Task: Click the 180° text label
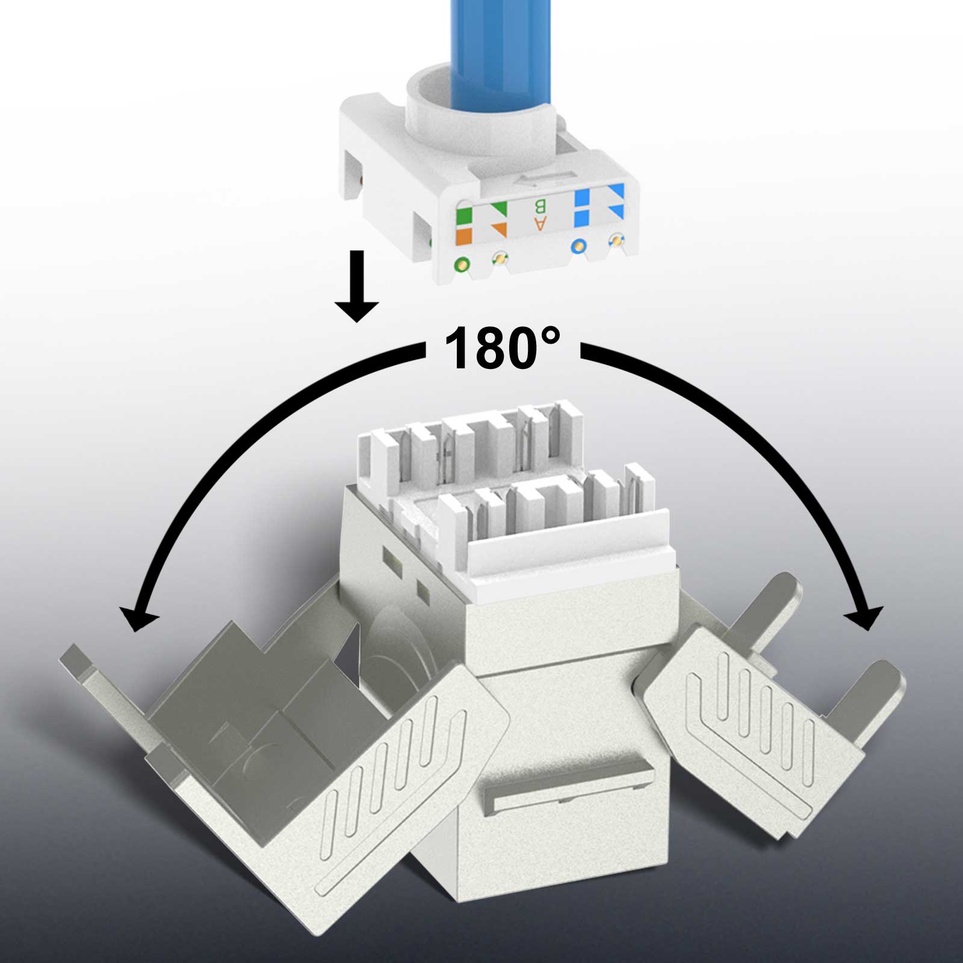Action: (x=501, y=348)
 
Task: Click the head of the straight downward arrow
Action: (x=357, y=307)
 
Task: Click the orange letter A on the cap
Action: (x=540, y=224)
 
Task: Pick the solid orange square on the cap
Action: (x=464, y=235)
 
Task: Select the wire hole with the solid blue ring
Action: (x=578, y=246)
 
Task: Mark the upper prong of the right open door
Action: (x=773, y=608)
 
